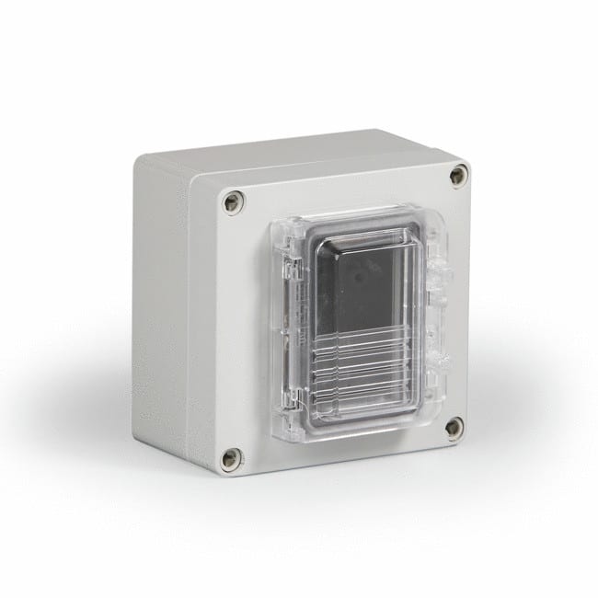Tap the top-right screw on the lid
(x=457, y=176)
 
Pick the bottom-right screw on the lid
(x=454, y=426)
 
